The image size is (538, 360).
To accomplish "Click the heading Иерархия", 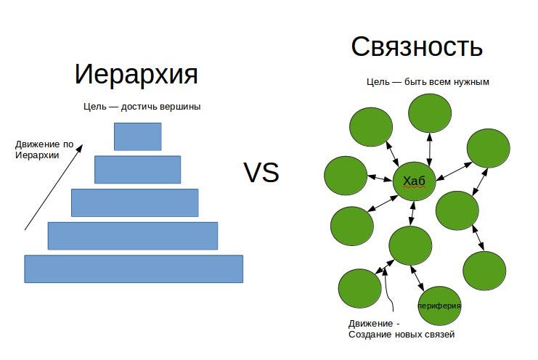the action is [x=136, y=74].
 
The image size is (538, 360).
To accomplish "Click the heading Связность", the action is [x=417, y=46].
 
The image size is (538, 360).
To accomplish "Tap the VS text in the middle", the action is [x=261, y=172].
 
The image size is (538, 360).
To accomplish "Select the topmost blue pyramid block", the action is [x=138, y=136].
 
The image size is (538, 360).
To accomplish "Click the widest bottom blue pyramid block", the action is [x=134, y=269].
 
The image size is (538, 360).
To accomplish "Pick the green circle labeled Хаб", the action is [x=415, y=181].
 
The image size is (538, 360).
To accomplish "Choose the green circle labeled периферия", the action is [x=439, y=306].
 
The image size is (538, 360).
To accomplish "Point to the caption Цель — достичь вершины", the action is [x=142, y=107].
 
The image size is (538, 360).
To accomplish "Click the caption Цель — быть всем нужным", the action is [x=428, y=82].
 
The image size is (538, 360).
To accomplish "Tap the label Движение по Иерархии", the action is [x=44, y=150].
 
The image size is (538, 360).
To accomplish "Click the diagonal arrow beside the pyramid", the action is [x=54, y=187].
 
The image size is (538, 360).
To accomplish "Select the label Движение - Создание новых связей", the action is [x=402, y=329].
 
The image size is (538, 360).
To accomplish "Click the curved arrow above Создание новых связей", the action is [x=388, y=288].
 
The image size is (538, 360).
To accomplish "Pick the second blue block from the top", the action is [x=138, y=170].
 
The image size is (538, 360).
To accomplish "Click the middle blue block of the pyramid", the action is [x=135, y=202].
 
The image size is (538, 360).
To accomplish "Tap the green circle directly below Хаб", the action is [x=411, y=245].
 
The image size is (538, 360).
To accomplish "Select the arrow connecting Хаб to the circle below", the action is [x=412, y=213].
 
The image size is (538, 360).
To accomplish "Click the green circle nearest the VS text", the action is [x=346, y=176].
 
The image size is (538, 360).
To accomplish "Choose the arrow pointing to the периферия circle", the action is [x=417, y=278].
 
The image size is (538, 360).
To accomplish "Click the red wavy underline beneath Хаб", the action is [x=414, y=187].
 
